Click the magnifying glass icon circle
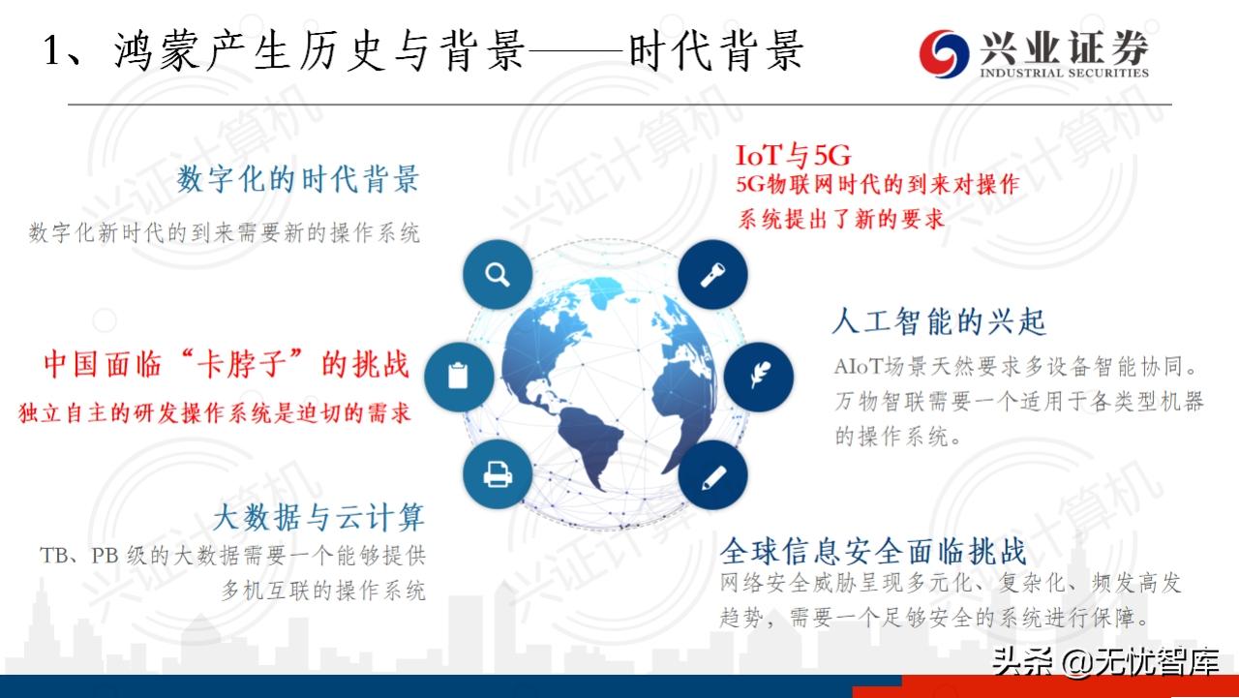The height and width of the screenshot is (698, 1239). tap(498, 274)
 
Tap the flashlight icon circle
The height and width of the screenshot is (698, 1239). tap(713, 274)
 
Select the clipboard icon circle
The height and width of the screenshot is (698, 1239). tap(458, 376)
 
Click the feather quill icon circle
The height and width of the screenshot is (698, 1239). tap(758, 376)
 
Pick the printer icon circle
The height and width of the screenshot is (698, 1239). tap(498, 474)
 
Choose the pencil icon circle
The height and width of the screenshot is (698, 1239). tap(713, 474)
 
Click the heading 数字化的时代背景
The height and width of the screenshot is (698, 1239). tap(298, 179)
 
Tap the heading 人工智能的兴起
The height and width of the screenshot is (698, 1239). tap(939, 321)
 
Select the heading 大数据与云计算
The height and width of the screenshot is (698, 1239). tap(318, 517)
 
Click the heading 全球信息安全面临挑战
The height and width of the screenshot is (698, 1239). tap(872, 552)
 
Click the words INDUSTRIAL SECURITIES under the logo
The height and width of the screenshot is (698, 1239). tap(1064, 73)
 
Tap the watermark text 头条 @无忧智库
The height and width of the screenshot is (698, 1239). tap(1103, 661)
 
